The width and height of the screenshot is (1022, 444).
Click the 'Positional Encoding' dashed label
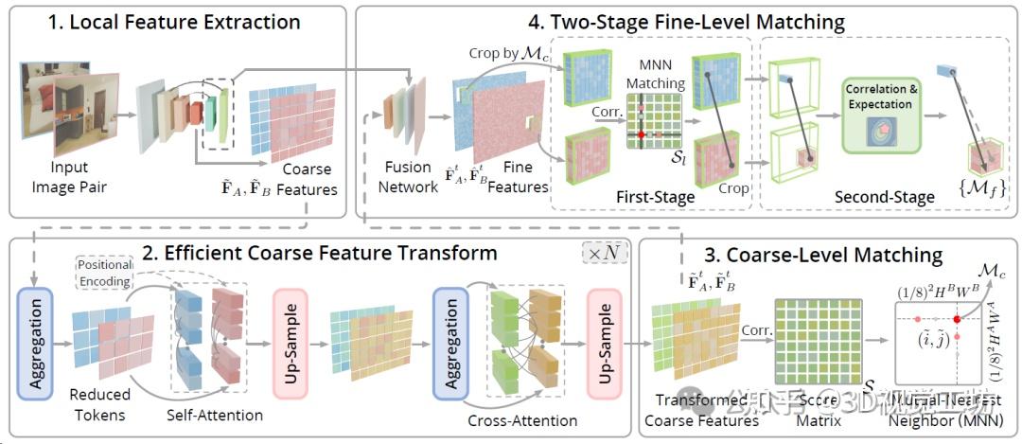105,274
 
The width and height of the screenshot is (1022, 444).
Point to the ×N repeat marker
603,255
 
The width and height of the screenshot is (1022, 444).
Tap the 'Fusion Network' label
409,177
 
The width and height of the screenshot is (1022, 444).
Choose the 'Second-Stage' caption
884,197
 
